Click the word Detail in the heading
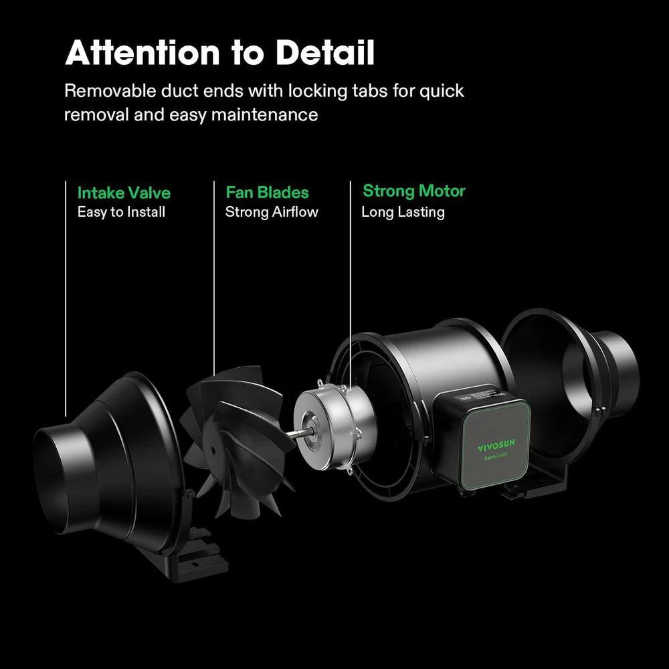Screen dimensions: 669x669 [325, 54]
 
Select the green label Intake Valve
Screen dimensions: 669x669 [124, 193]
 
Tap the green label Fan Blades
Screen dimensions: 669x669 [267, 193]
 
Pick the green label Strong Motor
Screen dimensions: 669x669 [413, 191]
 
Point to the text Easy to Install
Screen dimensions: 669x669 [121, 213]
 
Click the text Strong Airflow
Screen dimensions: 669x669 [272, 213]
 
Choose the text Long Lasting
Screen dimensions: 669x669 [403, 213]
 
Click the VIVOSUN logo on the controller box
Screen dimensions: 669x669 [495, 446]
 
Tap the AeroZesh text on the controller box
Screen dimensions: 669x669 [495, 461]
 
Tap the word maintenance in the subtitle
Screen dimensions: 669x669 [265, 115]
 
